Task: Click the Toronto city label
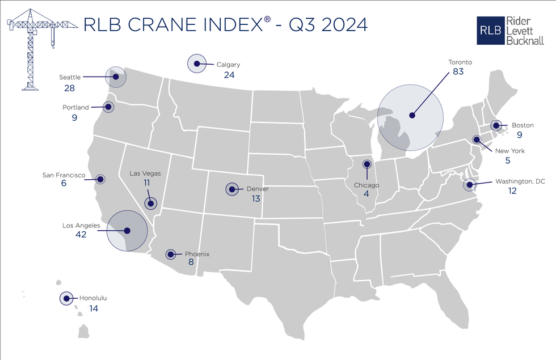[460, 62]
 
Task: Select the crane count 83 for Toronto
[460, 73]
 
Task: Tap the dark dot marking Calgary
[196, 65]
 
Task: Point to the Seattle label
[70, 77]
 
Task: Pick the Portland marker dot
[107, 106]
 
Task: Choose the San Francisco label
[64, 176]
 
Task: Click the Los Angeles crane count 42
[81, 235]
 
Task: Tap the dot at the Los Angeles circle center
[127, 231]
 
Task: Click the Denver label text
[258, 189]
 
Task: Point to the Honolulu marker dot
[66, 298]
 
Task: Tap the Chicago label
[367, 185]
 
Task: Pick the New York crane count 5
[507, 161]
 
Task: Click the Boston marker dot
[495, 126]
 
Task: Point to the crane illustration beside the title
[34, 48]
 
